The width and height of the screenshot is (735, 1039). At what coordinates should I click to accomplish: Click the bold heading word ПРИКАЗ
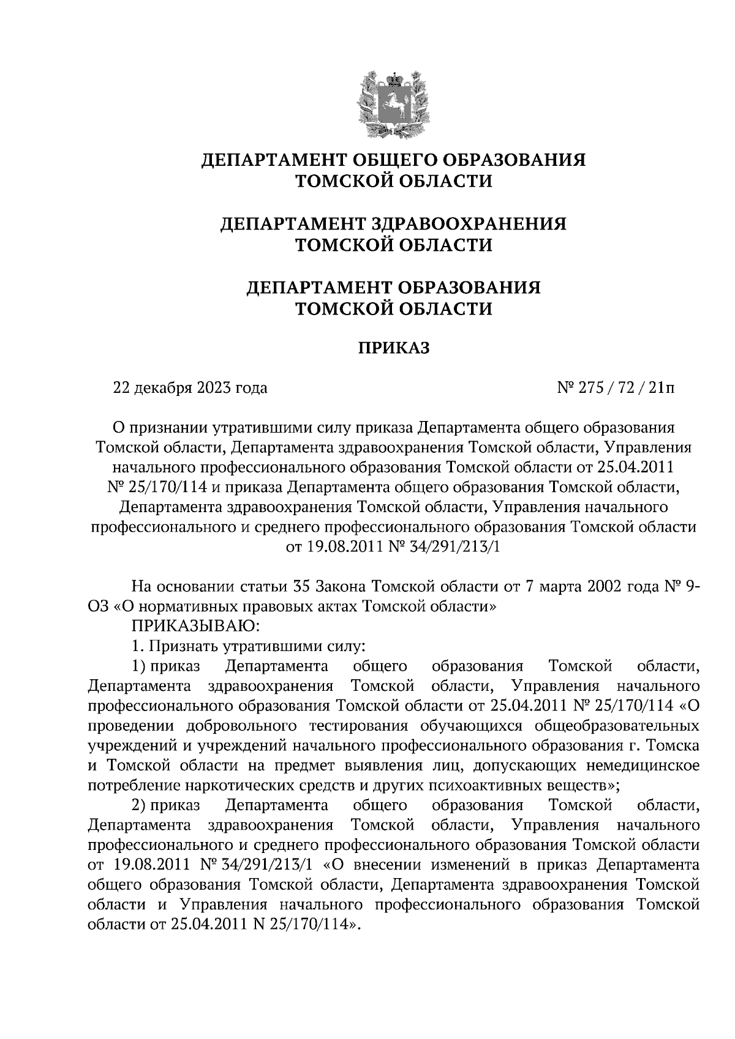394,348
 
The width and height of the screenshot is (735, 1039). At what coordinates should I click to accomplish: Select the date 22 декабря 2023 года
190,388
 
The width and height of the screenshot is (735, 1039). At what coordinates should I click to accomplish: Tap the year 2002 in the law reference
608,586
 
